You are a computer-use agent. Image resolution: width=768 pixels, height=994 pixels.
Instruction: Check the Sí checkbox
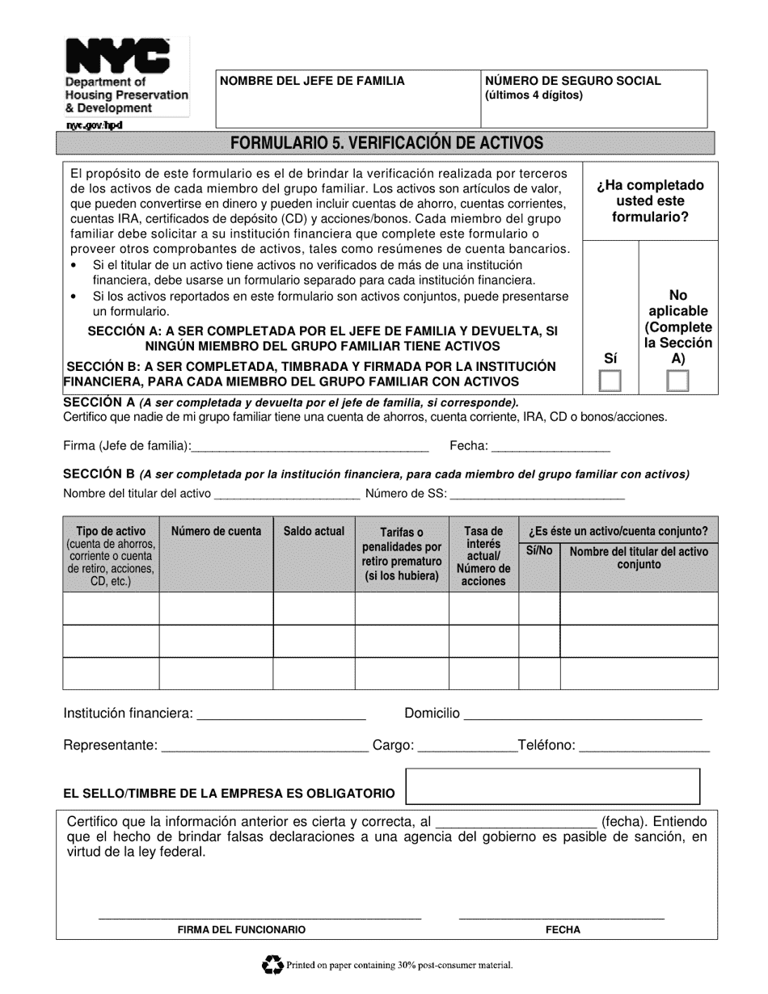(x=610, y=381)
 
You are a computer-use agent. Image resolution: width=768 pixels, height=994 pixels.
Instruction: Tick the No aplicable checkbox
(x=677, y=381)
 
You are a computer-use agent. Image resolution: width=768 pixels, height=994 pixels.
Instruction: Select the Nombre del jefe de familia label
(x=313, y=81)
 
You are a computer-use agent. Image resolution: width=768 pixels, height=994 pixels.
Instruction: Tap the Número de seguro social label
(x=572, y=81)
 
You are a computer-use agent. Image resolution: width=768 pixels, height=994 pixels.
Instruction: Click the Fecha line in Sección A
(x=551, y=449)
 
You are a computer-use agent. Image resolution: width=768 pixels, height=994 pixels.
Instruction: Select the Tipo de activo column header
(x=111, y=531)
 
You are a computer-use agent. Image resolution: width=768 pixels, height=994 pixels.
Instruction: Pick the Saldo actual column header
(x=314, y=531)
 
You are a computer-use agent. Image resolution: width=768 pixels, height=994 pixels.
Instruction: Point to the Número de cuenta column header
(x=216, y=531)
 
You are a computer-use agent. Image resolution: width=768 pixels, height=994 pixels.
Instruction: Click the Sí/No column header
(x=539, y=550)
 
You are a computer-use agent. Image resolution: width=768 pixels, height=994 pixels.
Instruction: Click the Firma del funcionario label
(x=242, y=930)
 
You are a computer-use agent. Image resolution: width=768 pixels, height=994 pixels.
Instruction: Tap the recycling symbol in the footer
(x=272, y=964)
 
